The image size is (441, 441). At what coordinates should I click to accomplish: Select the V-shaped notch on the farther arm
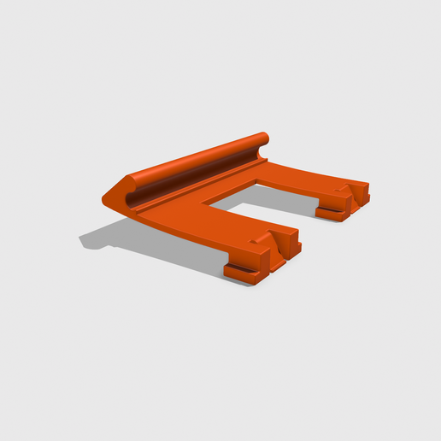[346, 189]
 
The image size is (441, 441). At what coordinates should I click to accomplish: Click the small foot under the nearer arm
[243, 273]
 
